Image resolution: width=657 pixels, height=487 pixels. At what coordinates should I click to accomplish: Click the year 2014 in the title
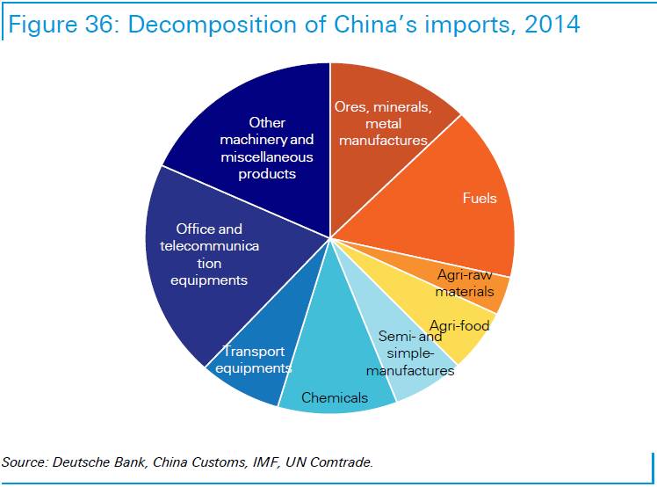click(551, 24)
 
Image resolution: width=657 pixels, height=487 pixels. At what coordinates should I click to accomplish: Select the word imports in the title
click(467, 24)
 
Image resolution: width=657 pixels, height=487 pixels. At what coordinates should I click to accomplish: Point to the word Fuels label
click(480, 198)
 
